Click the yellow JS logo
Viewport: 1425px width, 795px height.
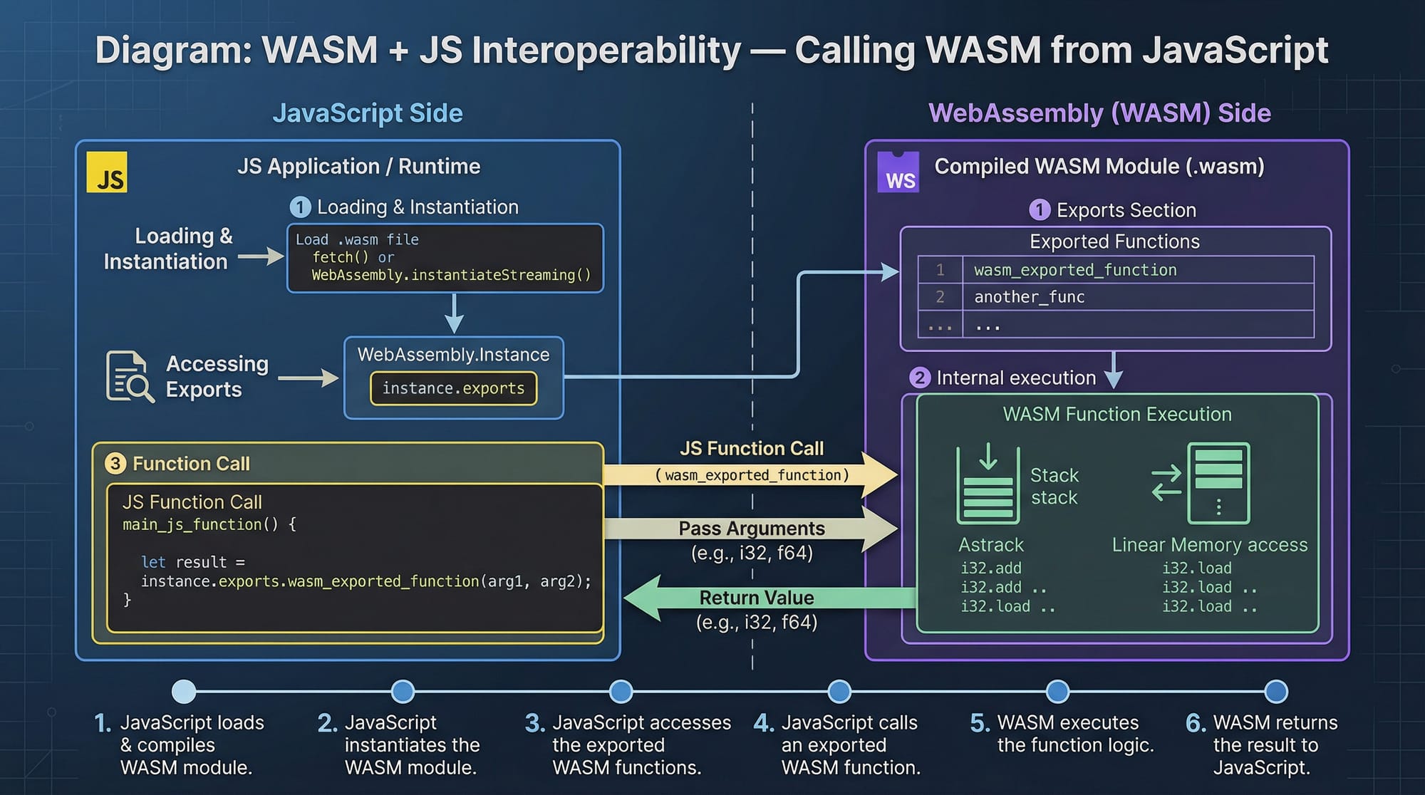[x=107, y=172]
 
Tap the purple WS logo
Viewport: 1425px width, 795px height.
[x=898, y=172]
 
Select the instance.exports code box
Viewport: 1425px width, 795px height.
[x=453, y=388]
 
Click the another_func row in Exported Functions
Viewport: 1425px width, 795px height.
[x=1029, y=297]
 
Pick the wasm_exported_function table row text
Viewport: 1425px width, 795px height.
[x=1075, y=270]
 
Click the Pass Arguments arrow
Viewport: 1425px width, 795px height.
[x=752, y=529]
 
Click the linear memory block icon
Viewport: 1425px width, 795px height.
[x=1218, y=483]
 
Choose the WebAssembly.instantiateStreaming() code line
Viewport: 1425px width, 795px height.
[x=451, y=275]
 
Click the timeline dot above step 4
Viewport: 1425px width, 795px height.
[x=839, y=691]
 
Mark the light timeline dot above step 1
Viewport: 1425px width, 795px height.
[x=184, y=691]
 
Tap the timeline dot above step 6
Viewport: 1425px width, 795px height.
[x=1275, y=691]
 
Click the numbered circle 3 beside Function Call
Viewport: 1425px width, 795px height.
[x=115, y=464]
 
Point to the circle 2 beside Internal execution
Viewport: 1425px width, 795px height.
[x=920, y=378]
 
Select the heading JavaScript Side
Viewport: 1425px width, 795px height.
[x=368, y=113]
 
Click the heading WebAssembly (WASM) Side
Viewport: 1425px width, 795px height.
[x=1099, y=113]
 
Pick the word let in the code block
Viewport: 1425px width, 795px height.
[x=153, y=562]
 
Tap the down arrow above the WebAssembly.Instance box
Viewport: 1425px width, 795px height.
[x=454, y=314]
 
